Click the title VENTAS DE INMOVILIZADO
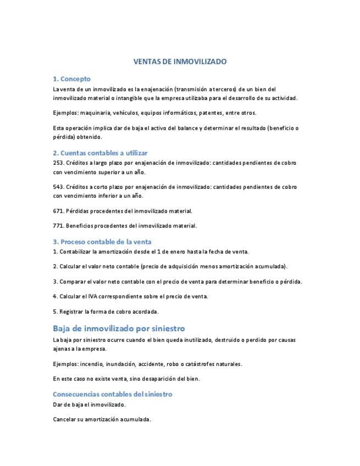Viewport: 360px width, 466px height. coord(180,62)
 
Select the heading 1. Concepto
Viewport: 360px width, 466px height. coord(71,79)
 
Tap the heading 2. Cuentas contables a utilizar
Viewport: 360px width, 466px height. coord(100,153)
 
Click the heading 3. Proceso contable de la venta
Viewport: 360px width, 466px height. coord(102,242)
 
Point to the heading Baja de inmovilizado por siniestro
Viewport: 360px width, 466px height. coord(119,329)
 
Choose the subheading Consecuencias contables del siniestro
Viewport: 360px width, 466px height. coord(113,394)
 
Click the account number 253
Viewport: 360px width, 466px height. coord(58,163)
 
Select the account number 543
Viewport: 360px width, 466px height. coord(58,187)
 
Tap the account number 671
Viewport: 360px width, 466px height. coord(58,210)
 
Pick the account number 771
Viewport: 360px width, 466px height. coord(58,225)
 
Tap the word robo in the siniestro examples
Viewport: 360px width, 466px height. coord(183,364)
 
